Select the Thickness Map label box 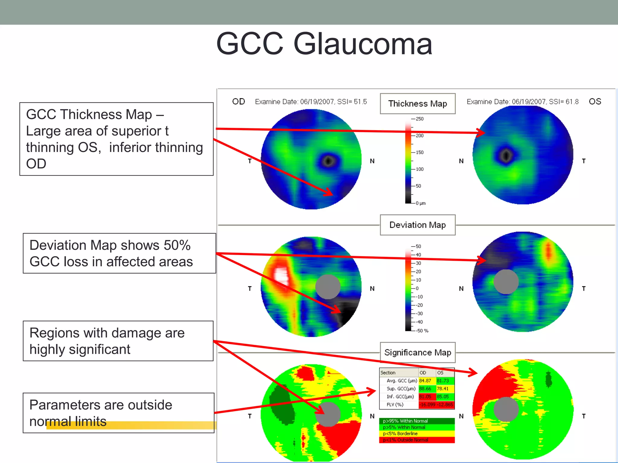[417, 104]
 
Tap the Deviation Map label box [417, 225]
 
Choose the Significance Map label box [417, 352]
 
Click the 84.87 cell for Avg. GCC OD [425, 381]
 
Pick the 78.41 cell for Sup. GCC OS [443, 389]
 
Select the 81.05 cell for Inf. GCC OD [425, 397]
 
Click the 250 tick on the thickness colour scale [419, 119]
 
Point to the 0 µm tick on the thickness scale [420, 203]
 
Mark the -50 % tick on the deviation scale [422, 331]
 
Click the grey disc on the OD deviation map [328, 287]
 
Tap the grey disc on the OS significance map [506, 409]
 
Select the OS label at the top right [595, 102]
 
